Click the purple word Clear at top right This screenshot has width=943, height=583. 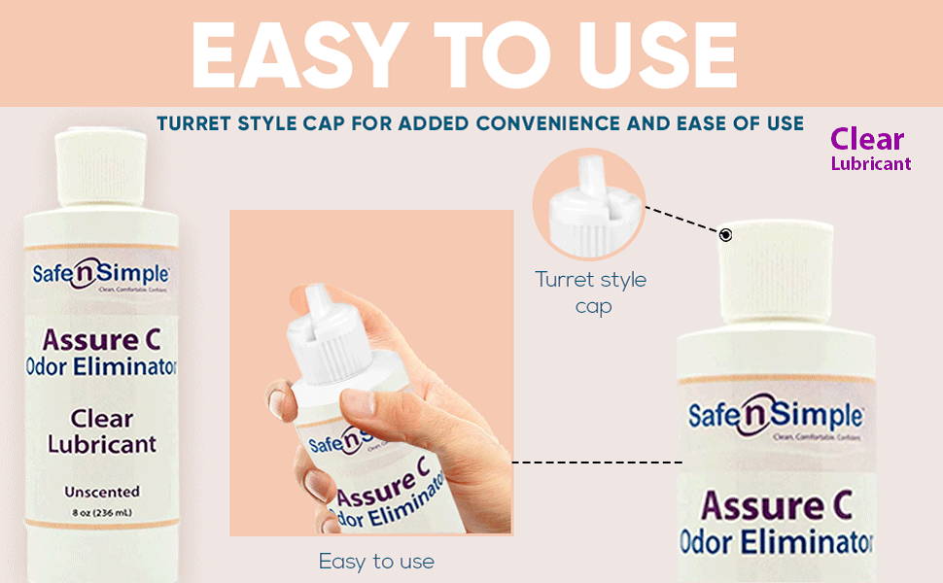click(x=867, y=140)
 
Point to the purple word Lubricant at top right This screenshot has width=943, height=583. click(x=871, y=164)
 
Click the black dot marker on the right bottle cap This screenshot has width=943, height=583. click(x=725, y=235)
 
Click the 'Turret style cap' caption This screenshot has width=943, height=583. click(x=590, y=291)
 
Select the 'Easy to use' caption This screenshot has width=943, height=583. click(x=376, y=562)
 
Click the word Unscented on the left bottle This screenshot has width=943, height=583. click(x=101, y=492)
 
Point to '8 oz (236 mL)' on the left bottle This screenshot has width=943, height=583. click(x=101, y=514)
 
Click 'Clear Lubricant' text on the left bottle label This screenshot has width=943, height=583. click(x=101, y=431)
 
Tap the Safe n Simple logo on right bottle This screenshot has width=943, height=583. click(x=775, y=416)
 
